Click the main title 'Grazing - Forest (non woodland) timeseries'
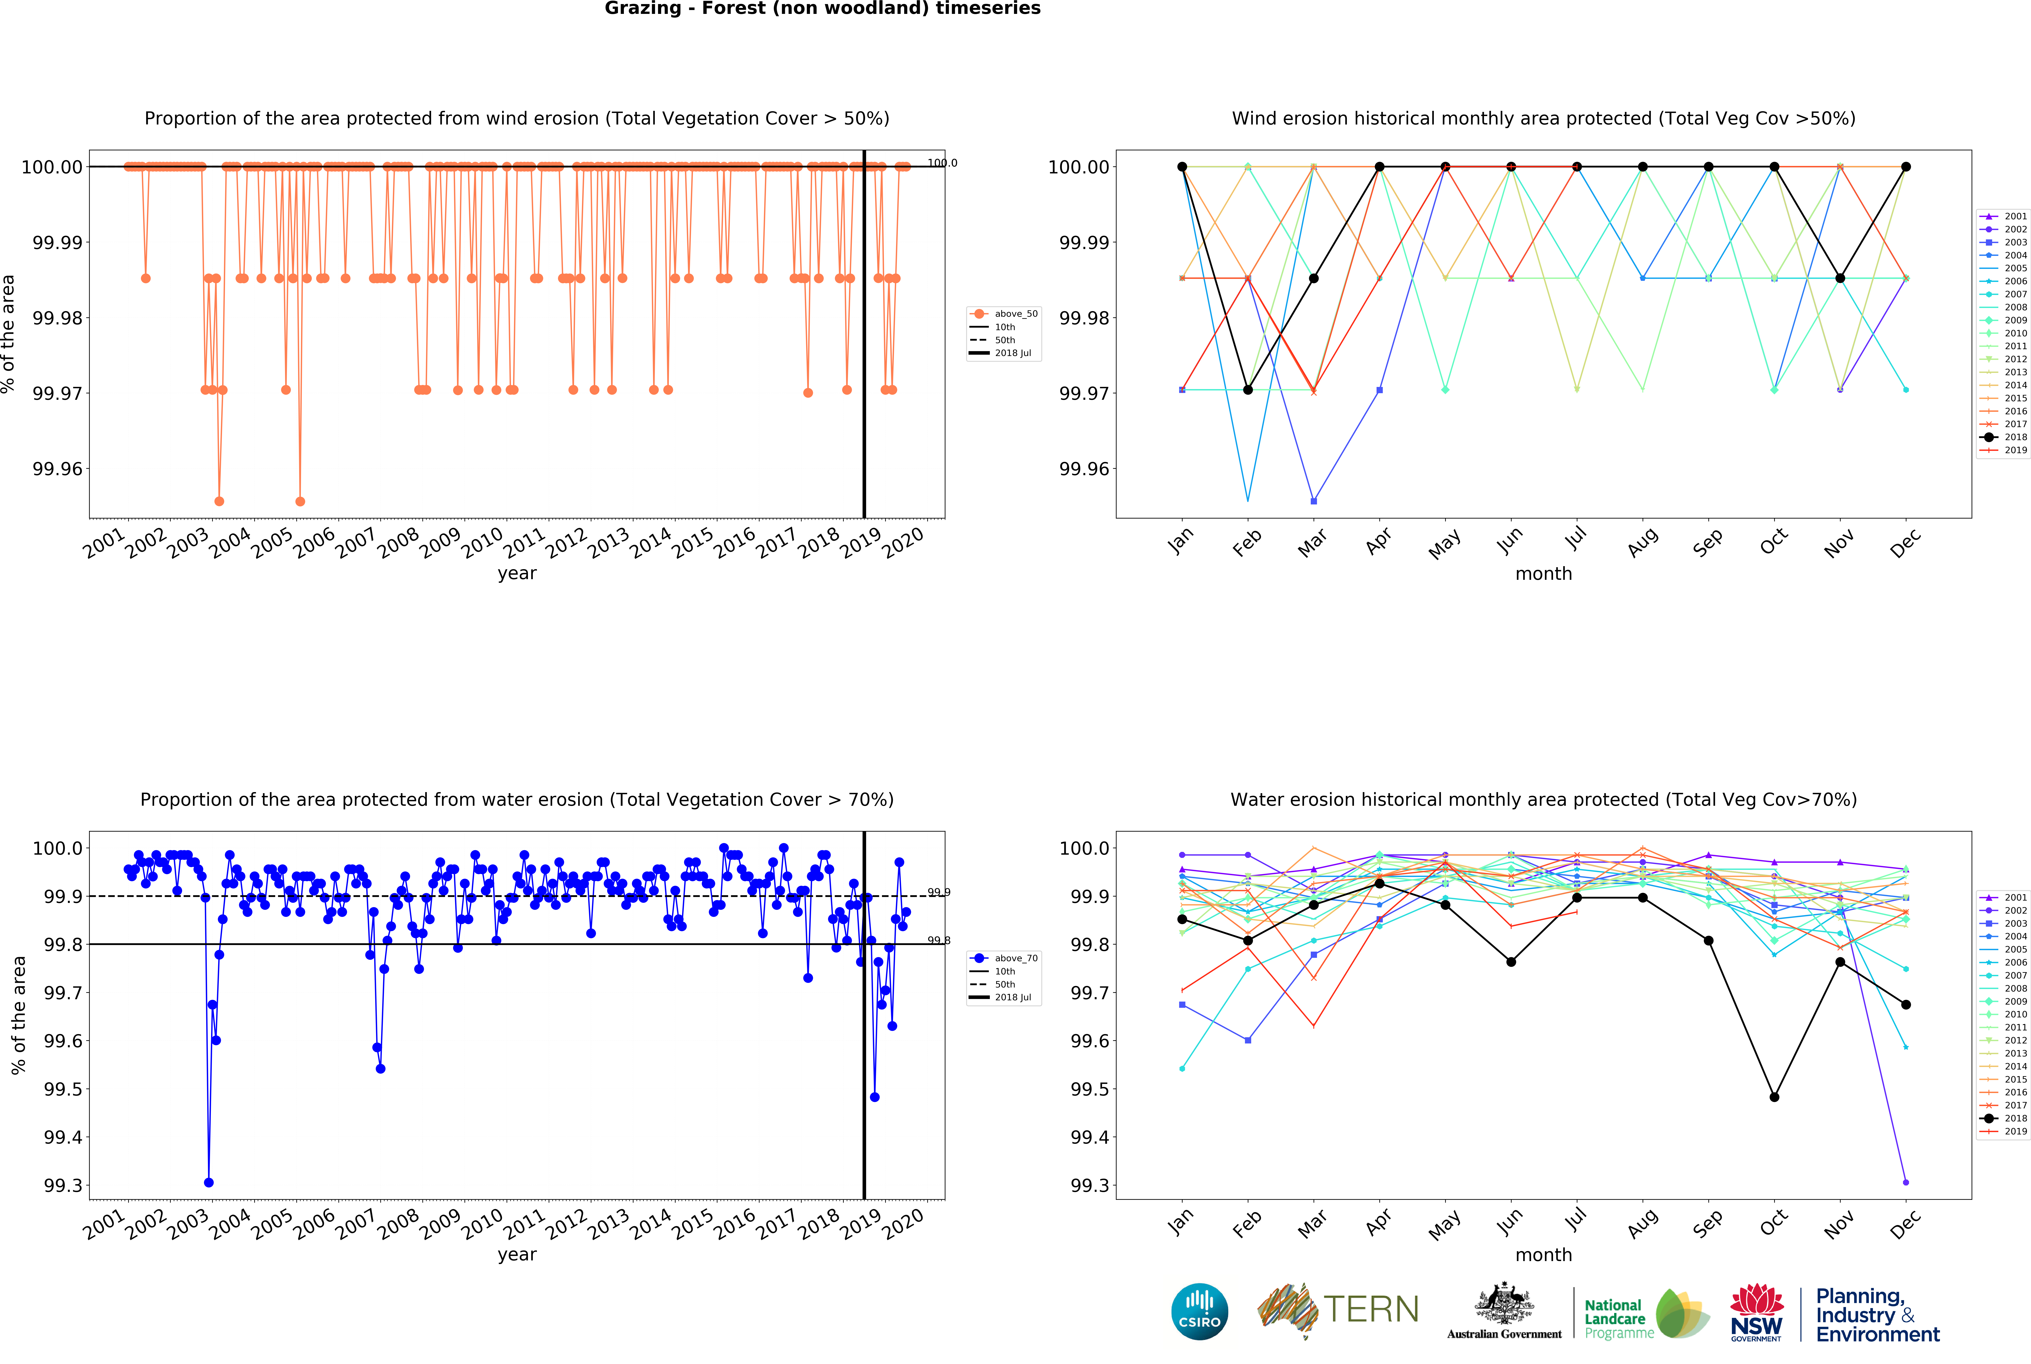click(822, 9)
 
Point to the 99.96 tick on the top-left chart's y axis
click(58, 469)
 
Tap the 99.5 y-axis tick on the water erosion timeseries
click(63, 1089)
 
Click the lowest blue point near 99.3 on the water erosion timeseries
click(209, 1182)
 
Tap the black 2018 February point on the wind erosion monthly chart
click(1248, 390)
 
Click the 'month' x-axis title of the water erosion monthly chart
click(1543, 1254)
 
